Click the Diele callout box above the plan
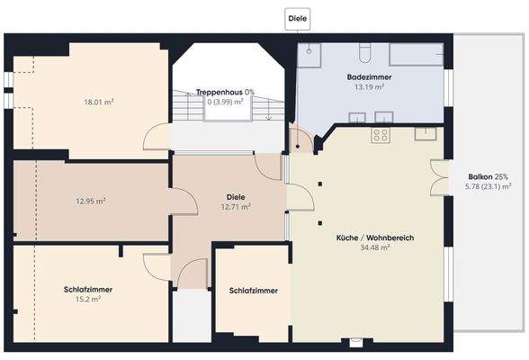pyautogui.click(x=298, y=17)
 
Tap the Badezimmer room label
pyautogui.click(x=369, y=78)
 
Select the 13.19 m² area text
pyautogui.click(x=369, y=88)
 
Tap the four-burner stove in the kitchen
pyautogui.click(x=381, y=136)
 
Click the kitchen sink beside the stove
pyautogui.click(x=425, y=134)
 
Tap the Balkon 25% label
pyautogui.click(x=488, y=176)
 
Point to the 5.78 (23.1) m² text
pyautogui.click(x=488, y=186)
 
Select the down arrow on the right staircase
pyautogui.click(x=268, y=113)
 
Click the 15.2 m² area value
pyautogui.click(x=82, y=299)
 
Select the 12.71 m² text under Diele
pyautogui.click(x=235, y=207)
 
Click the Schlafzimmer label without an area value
pyautogui.click(x=253, y=291)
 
